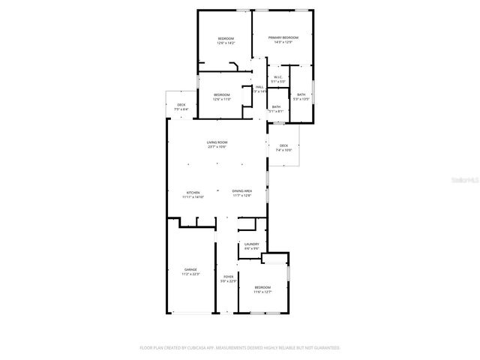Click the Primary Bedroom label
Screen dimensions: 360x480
tap(283, 37)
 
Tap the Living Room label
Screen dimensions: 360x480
tap(217, 142)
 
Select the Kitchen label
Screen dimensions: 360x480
tap(193, 192)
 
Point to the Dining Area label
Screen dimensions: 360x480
tap(241, 192)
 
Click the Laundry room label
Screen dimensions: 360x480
tap(251, 244)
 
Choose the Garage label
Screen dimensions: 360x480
tap(190, 269)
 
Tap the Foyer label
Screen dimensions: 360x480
tap(228, 277)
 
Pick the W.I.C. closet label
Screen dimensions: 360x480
tap(277, 76)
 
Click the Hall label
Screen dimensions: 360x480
tap(259, 87)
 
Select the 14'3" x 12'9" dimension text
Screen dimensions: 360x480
tap(283, 42)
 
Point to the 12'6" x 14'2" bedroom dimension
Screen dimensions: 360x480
tap(226, 43)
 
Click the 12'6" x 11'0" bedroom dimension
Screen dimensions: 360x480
tap(221, 99)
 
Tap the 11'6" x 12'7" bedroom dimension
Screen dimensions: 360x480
tap(262, 292)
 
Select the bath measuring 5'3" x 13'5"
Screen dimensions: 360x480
tap(301, 96)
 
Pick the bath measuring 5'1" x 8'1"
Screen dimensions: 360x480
tap(276, 109)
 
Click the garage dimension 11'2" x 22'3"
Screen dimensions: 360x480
tap(190, 274)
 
